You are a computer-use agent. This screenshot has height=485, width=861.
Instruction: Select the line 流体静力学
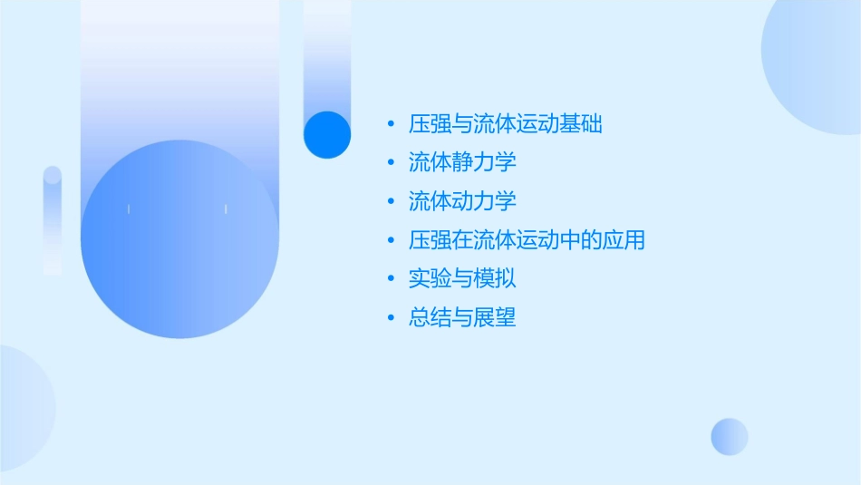462,163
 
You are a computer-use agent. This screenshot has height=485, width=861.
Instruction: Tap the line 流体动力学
462,201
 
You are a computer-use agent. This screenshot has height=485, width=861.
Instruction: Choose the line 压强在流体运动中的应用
527,240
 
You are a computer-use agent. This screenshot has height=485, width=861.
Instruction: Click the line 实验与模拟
462,278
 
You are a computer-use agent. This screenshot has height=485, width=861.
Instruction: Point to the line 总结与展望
462,317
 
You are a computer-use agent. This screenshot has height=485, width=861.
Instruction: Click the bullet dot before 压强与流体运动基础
391,124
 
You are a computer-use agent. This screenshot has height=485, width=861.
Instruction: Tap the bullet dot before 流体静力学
391,163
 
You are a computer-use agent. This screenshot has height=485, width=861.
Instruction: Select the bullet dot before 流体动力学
391,201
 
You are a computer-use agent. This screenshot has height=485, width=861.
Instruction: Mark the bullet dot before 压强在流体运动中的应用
391,240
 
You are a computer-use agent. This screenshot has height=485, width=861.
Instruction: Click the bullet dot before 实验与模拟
391,278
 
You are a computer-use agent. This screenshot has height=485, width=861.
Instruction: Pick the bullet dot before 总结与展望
391,317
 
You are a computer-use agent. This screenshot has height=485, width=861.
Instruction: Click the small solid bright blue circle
327,134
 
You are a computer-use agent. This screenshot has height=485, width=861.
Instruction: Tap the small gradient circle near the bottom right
730,436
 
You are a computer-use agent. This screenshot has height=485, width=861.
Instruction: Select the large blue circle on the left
179,239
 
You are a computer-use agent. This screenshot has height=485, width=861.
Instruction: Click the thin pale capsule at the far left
53,220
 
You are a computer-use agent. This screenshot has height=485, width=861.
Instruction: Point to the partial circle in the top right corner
816,54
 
